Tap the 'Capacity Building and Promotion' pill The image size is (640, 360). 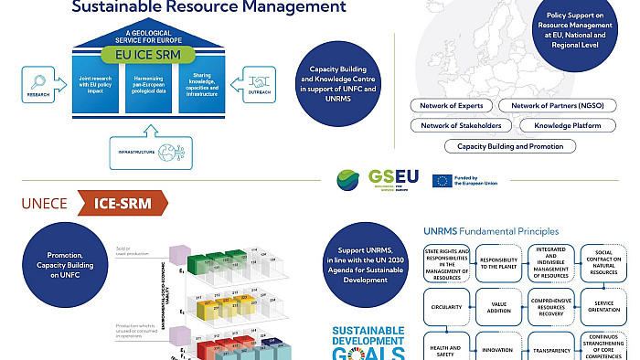(510, 146)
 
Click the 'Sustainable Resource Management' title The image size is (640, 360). (208, 7)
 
